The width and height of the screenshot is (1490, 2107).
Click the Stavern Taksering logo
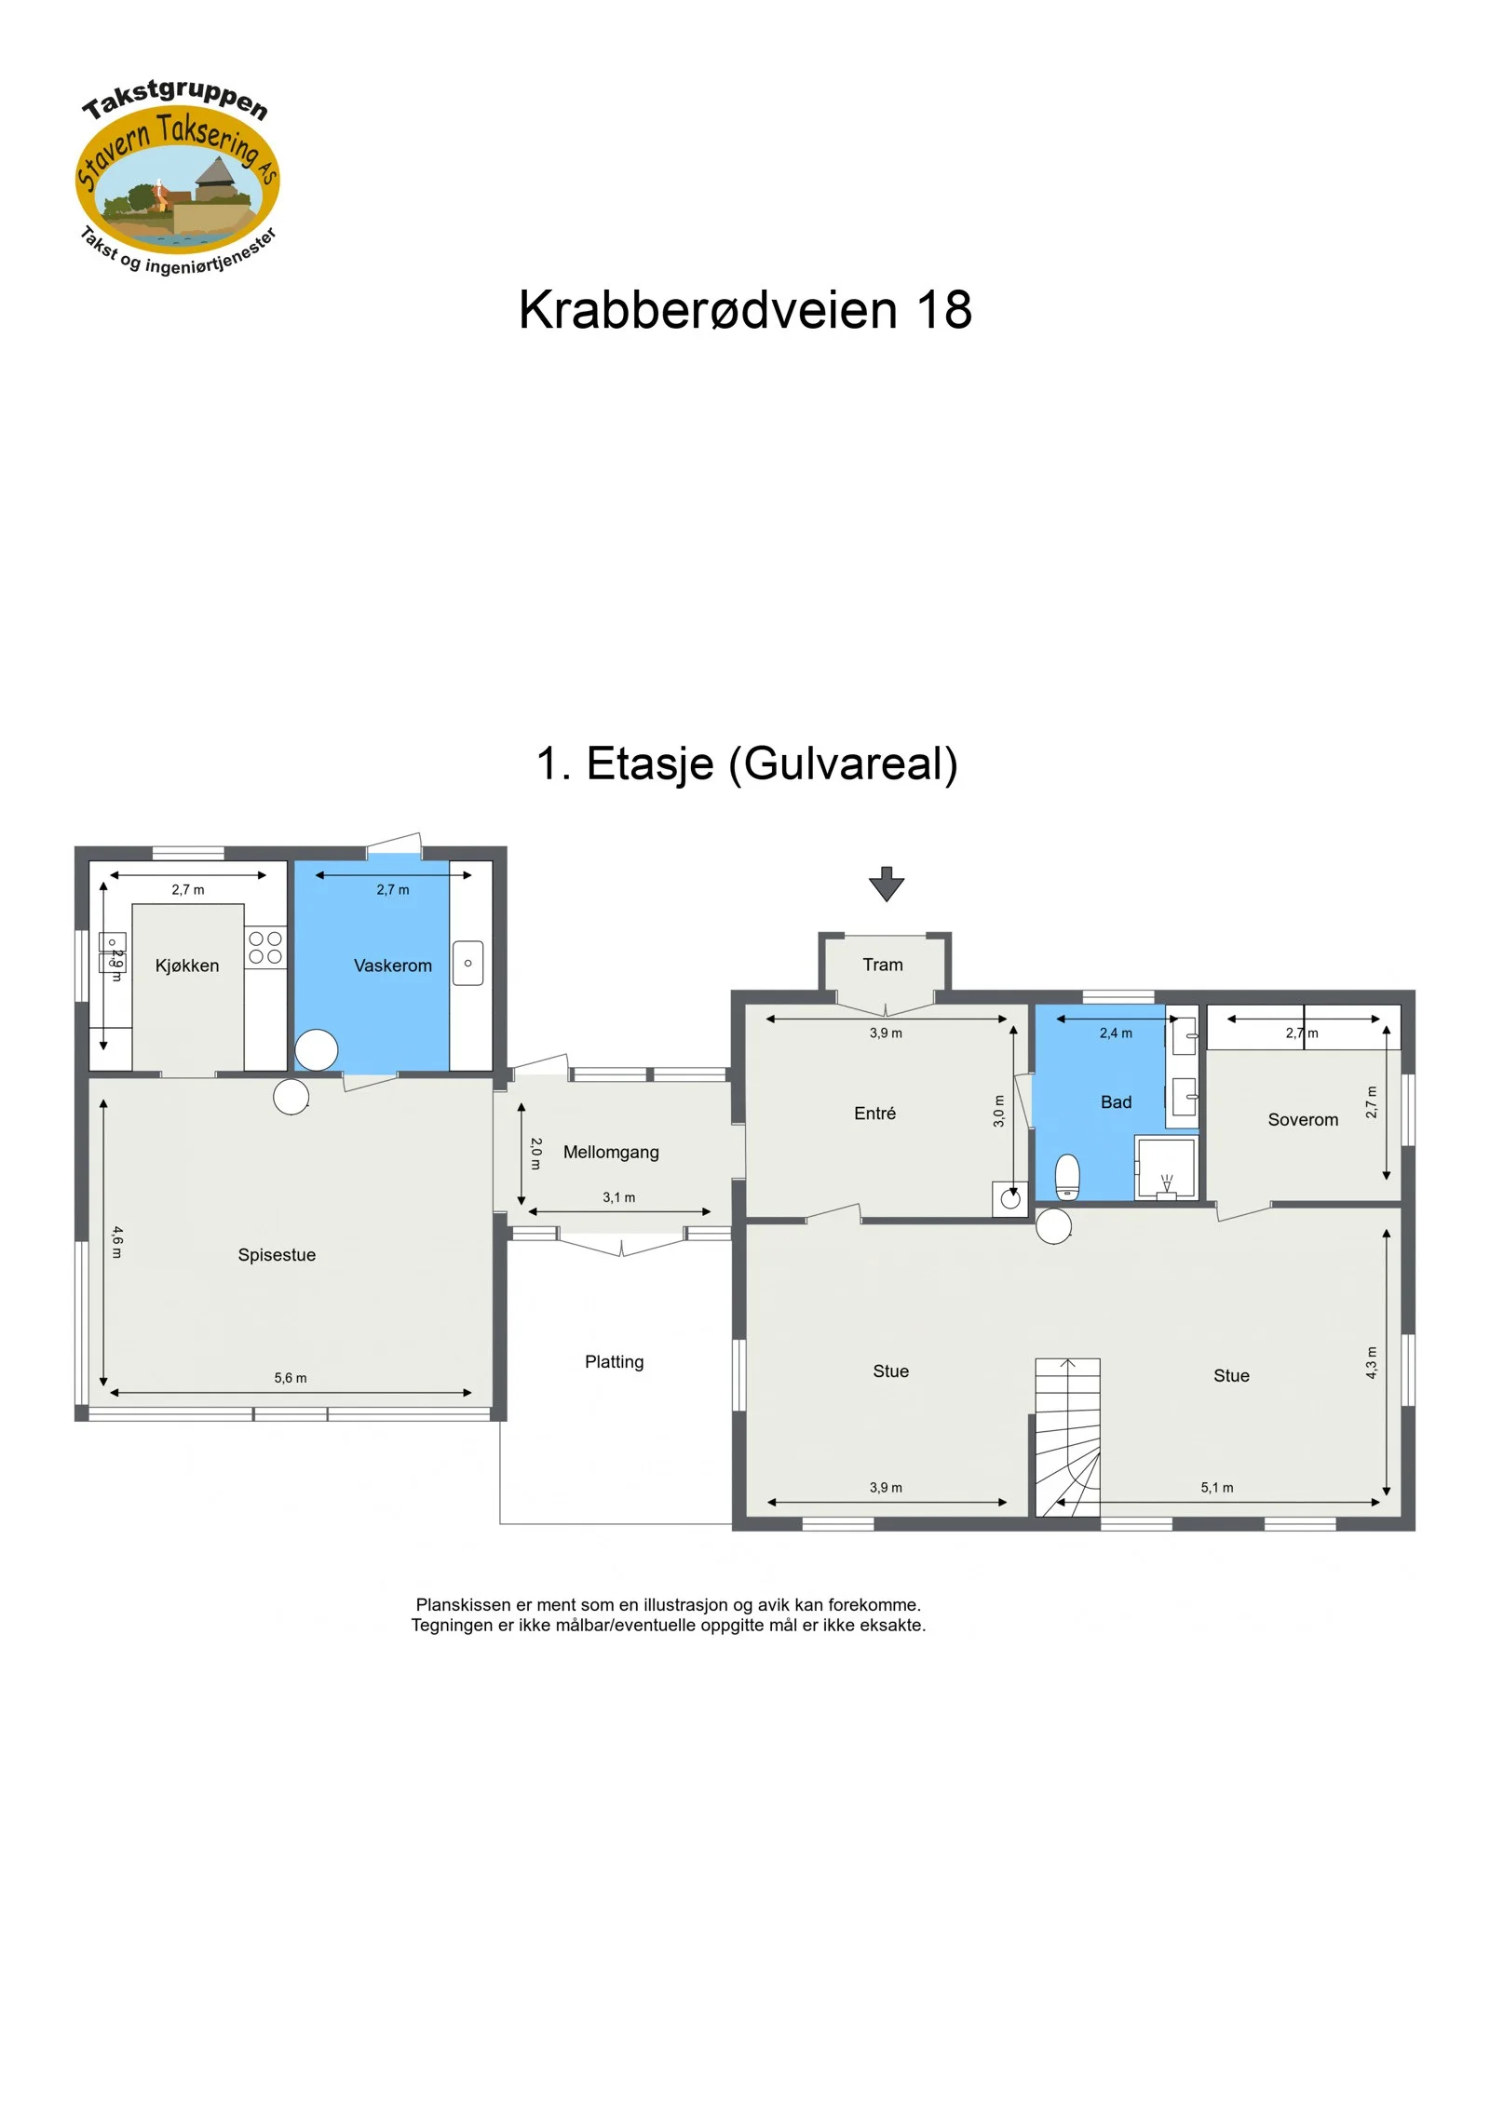click(178, 177)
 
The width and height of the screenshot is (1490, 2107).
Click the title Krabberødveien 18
click(745, 310)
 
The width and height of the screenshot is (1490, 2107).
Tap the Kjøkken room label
click(187, 966)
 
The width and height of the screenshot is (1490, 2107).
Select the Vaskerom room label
click(393, 966)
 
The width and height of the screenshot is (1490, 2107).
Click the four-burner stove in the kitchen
click(265, 948)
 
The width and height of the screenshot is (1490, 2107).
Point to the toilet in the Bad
click(1067, 1177)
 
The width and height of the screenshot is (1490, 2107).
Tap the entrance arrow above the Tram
click(887, 885)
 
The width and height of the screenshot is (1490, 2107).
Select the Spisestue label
click(277, 1255)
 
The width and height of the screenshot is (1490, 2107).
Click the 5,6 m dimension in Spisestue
click(291, 1378)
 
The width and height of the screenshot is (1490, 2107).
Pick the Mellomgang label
click(611, 1153)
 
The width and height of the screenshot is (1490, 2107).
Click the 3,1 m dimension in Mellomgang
click(619, 1197)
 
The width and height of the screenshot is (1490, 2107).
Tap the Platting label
click(615, 1362)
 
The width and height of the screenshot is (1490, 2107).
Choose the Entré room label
click(875, 1114)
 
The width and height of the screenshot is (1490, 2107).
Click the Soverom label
click(1303, 1120)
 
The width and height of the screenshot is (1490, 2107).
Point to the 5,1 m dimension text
click(1217, 1488)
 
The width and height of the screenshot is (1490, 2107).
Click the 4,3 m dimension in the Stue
click(1371, 1363)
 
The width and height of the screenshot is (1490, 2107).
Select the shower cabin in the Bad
click(1166, 1168)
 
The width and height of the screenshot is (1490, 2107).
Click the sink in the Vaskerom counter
click(468, 964)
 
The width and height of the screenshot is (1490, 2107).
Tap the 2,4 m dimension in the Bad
click(1116, 1033)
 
